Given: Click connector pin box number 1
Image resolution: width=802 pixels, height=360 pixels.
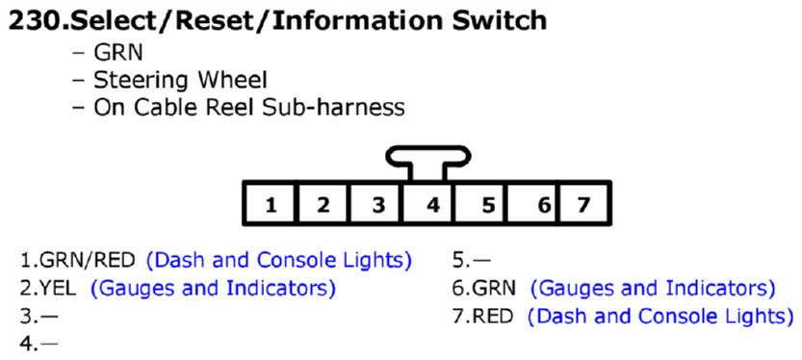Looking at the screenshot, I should (272, 203).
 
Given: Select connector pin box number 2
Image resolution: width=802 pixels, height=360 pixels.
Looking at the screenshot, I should (323, 203).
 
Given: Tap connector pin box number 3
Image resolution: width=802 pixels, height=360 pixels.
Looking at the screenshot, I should (377, 203).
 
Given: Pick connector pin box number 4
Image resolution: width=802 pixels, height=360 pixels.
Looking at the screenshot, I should (430, 203).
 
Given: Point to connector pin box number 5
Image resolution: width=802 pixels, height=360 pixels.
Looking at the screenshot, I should (486, 203).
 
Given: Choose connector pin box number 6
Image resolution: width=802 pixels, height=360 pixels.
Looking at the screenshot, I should (541, 203).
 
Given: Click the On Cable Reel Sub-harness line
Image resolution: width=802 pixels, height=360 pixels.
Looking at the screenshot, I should (248, 108).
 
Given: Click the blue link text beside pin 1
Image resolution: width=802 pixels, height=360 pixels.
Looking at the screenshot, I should (279, 260).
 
